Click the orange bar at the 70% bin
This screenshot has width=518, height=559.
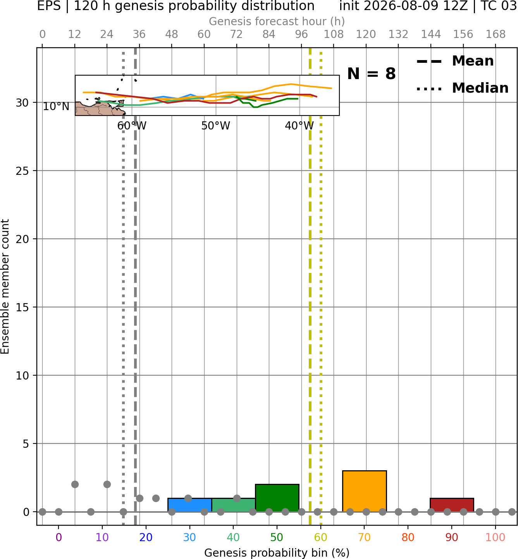[364, 491]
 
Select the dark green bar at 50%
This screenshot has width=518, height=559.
[277, 498]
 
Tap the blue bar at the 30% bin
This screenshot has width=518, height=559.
[189, 505]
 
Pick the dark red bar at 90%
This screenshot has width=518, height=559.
[452, 505]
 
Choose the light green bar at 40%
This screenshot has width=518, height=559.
[234, 505]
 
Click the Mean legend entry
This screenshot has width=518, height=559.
[455, 61]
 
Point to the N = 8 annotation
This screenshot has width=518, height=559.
[372, 74]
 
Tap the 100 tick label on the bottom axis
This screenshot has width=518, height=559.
[496, 538]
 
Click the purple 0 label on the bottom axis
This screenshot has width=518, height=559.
[59, 538]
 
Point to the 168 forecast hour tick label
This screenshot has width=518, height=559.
[496, 35]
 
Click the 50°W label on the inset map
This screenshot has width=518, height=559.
[215, 126]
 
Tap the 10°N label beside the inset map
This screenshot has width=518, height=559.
[56, 106]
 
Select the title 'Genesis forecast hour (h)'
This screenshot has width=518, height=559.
[277, 21]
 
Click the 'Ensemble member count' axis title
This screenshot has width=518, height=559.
[5, 286]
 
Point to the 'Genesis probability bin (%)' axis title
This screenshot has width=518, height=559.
[277, 553]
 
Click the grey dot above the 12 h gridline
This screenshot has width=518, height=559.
[75, 485]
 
